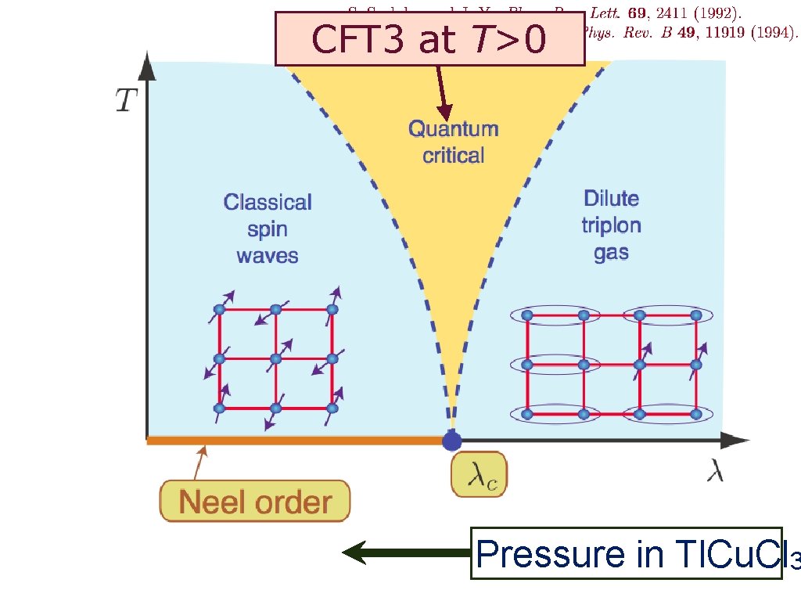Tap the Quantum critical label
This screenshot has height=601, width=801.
(453, 142)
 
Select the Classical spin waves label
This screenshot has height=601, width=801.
(268, 229)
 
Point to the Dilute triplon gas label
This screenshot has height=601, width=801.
(611, 225)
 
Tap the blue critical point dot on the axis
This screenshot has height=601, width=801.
(452, 441)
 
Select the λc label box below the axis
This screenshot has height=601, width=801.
(478, 475)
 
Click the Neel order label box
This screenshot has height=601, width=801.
(255, 502)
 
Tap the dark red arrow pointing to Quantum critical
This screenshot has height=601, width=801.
(442, 92)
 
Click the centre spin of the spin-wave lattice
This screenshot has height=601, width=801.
(275, 358)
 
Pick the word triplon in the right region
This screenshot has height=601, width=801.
(611, 225)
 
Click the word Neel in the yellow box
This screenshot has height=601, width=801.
(209, 502)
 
